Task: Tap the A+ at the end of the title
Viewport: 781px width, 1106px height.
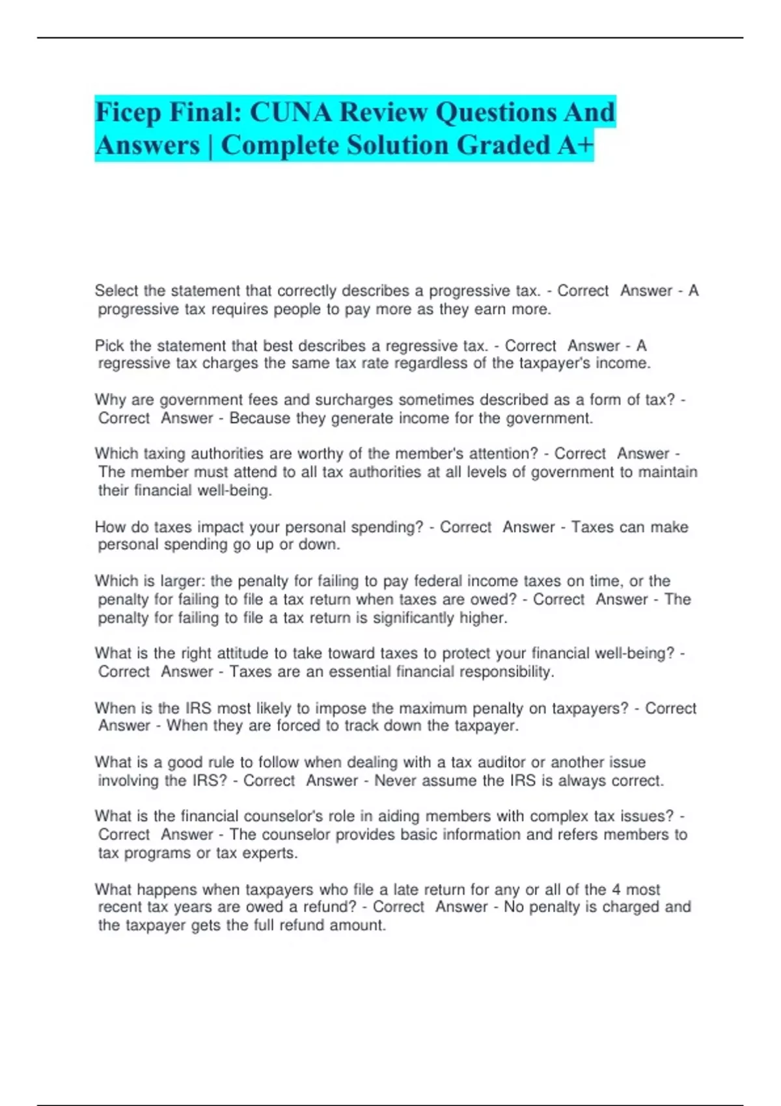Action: [x=575, y=145]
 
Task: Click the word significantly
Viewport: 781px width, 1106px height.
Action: [x=413, y=617]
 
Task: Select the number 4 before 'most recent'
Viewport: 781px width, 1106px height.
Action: [x=616, y=889]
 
